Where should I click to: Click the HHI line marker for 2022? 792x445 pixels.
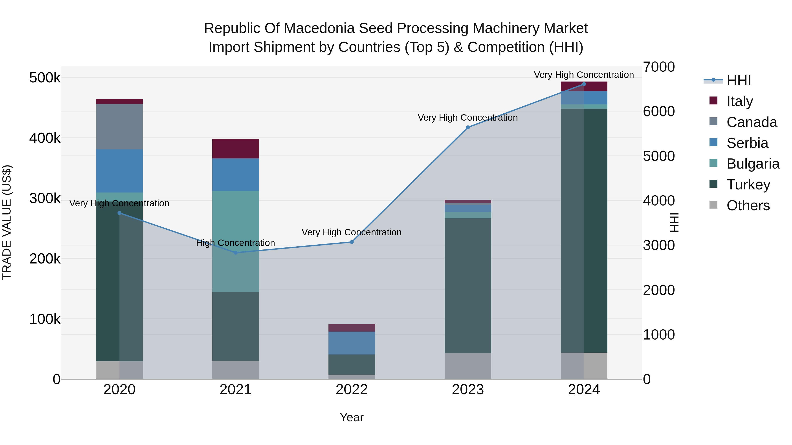point(352,242)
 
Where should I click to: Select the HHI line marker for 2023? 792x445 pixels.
point(468,127)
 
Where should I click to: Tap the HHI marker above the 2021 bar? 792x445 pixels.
point(235,253)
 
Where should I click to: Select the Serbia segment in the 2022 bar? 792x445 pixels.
point(352,343)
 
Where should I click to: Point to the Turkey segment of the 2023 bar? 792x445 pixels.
point(468,286)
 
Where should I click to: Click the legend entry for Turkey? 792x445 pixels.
point(748,185)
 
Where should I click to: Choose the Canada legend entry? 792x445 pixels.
point(752,122)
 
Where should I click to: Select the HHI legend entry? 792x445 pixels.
point(739,80)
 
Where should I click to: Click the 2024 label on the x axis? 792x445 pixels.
point(584,390)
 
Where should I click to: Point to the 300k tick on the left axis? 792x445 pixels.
point(45,198)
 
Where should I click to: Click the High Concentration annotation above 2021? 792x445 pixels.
point(235,243)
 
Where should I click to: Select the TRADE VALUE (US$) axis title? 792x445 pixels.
point(7,222)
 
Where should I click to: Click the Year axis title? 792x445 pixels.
point(352,417)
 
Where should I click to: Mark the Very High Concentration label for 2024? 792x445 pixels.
point(584,75)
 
